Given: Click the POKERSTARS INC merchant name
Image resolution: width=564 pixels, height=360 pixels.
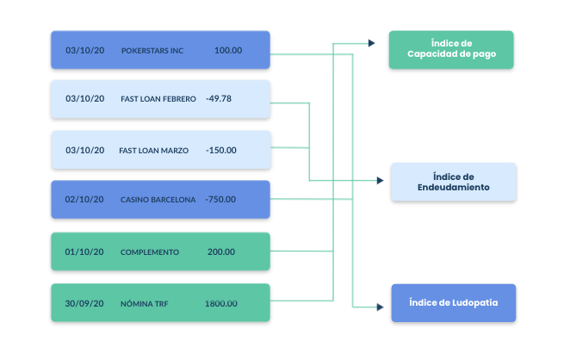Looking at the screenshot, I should pyautogui.click(x=152, y=51).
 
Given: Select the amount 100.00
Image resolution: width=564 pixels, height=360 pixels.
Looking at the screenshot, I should pyautogui.click(x=228, y=51).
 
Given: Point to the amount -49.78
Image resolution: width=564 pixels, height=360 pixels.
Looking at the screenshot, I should pyautogui.click(x=219, y=99).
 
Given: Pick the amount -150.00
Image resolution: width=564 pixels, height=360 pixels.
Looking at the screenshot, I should pyautogui.click(x=221, y=150).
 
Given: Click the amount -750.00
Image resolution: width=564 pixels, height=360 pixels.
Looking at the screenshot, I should pyautogui.click(x=221, y=200).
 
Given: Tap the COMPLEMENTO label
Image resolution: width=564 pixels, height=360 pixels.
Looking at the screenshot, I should pyautogui.click(x=150, y=252).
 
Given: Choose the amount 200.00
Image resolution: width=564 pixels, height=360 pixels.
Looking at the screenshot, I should pyautogui.click(x=221, y=252).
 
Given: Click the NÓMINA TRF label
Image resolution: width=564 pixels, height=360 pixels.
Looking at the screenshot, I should pyautogui.click(x=144, y=304).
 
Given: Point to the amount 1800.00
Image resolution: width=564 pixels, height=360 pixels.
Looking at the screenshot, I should pyautogui.click(x=220, y=304).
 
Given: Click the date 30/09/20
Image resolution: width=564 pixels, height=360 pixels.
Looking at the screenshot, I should pyautogui.click(x=84, y=304).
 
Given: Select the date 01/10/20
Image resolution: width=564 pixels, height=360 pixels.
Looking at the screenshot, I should pyautogui.click(x=84, y=252).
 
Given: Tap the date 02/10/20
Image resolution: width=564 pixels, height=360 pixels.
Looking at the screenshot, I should pyautogui.click(x=84, y=200).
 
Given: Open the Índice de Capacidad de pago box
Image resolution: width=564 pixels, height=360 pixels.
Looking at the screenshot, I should pyautogui.click(x=451, y=50).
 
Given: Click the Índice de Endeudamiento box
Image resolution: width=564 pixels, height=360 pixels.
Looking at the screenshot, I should pyautogui.click(x=453, y=182).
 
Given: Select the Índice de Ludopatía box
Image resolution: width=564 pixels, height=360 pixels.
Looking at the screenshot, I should pyautogui.click(x=453, y=303).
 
